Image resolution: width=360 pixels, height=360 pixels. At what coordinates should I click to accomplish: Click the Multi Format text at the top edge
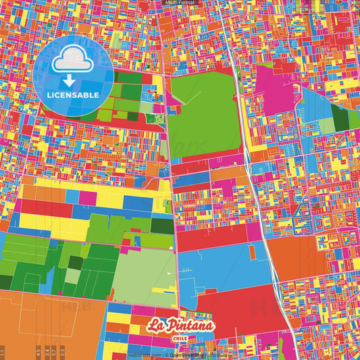pos(180,3)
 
